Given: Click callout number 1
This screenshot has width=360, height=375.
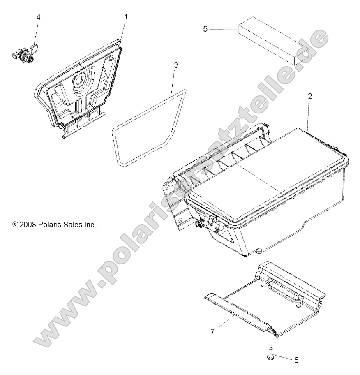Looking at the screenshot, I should coord(126,17).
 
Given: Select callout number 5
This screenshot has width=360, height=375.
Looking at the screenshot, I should coord(206,29).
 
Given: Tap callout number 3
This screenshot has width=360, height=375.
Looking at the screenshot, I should coord(176,65).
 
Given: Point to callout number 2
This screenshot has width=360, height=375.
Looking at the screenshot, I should coord(309,97).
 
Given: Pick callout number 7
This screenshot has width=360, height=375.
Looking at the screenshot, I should coord(212,332).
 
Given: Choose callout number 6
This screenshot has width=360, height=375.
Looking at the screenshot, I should coord(296,360).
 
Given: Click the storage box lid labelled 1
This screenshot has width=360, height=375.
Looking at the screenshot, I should coord(88,86).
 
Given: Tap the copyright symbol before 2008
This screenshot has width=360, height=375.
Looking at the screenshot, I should coord(15,225).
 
